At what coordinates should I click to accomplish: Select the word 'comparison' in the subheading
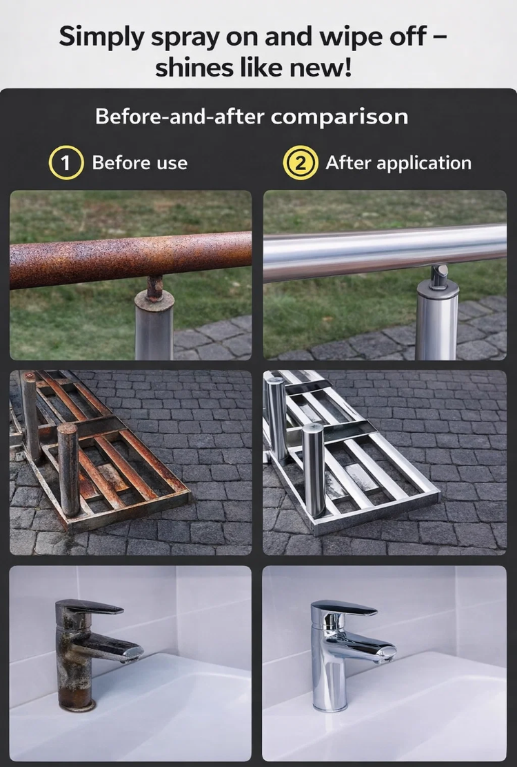tap(339, 117)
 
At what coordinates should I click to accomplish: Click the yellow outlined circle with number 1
tap(66, 162)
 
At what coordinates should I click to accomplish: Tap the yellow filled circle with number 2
tap(301, 162)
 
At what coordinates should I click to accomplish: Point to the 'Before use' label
tap(140, 163)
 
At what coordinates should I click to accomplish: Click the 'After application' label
tap(398, 163)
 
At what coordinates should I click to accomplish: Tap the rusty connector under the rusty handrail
tap(155, 288)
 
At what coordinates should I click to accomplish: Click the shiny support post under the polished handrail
tap(437, 320)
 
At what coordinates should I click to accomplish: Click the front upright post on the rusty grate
tap(68, 469)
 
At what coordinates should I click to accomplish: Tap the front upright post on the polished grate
tap(313, 469)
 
